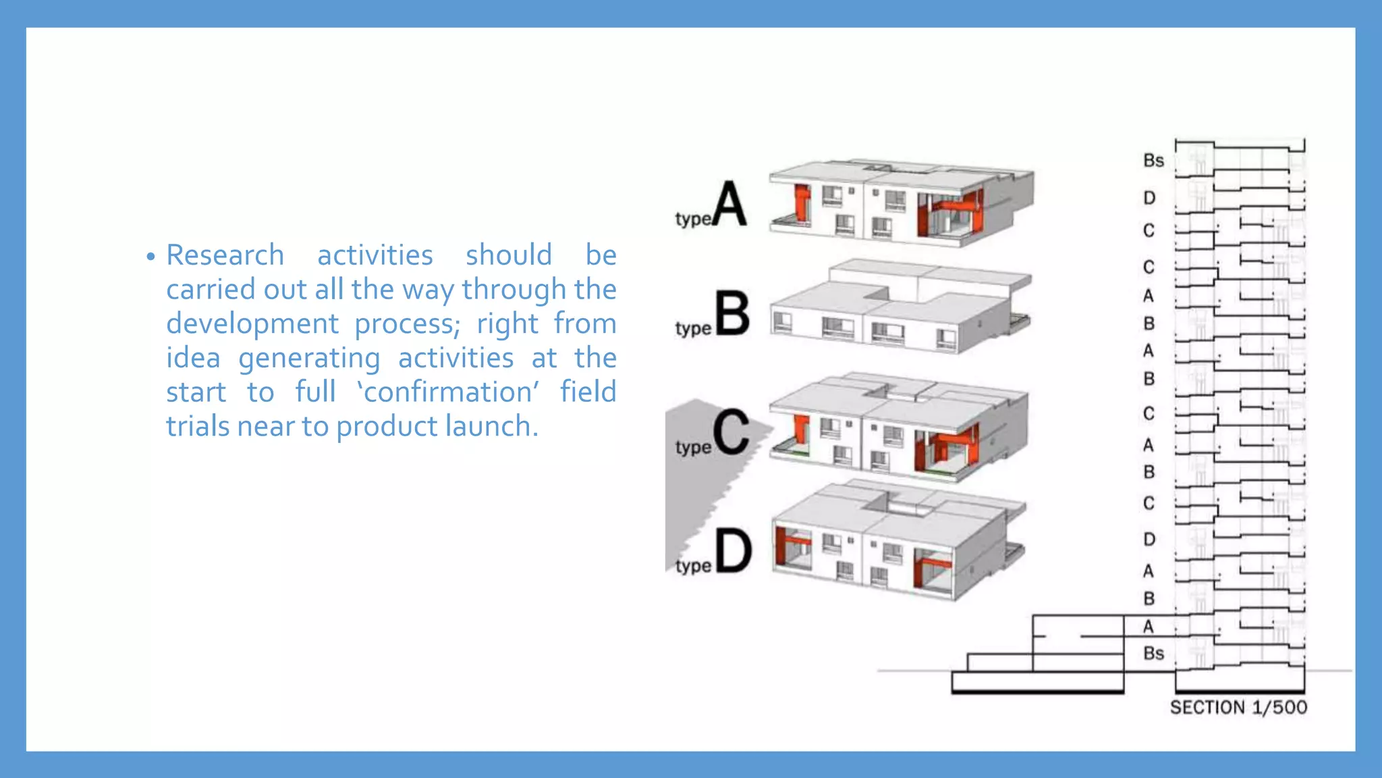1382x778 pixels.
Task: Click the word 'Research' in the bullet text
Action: coord(225,255)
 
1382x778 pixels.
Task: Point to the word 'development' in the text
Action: coord(252,323)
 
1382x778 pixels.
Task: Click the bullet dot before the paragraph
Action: coord(150,257)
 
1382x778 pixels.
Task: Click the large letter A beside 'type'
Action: coord(729,203)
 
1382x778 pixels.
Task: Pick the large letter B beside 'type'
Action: coord(732,313)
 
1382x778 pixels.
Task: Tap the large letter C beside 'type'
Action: coord(731,432)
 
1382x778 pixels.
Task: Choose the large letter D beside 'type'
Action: coord(734,551)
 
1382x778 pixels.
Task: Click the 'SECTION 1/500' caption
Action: coord(1238,708)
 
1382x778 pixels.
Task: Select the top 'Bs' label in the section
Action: coord(1153,161)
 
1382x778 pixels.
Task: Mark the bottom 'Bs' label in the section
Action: coord(1153,654)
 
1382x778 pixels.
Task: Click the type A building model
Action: coord(901,203)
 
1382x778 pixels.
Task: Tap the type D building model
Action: coord(897,544)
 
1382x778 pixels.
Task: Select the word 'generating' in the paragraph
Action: coord(309,358)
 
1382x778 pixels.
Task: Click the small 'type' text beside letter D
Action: coord(693,566)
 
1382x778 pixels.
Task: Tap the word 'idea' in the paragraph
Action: coord(193,358)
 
